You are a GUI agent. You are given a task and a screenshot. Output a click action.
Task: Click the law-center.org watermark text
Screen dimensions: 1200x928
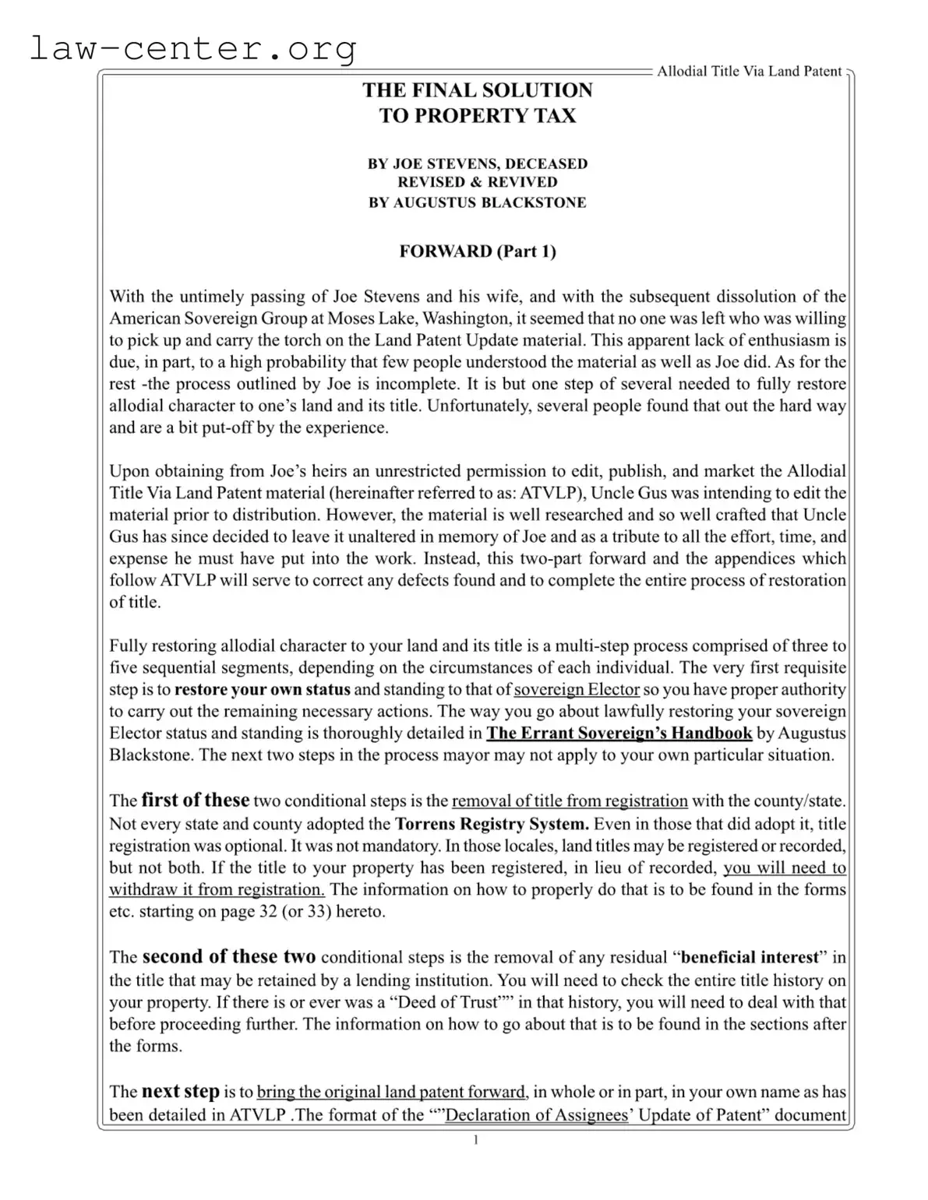point(192,48)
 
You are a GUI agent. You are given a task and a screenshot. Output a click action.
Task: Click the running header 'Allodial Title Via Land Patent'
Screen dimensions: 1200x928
point(749,72)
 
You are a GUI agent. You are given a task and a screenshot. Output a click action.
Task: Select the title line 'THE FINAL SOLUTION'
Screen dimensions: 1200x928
point(477,90)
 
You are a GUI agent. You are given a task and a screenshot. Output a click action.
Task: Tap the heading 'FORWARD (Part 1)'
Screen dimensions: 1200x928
point(477,251)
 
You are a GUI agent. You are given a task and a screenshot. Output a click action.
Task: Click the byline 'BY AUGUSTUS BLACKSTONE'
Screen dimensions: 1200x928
point(477,202)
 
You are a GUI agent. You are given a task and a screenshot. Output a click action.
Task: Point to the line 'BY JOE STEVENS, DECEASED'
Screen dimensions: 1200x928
point(477,164)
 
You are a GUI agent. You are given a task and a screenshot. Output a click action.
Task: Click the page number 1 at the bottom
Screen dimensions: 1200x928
point(476,1140)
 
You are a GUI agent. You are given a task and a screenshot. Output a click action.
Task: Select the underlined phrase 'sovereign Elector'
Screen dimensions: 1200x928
point(577,690)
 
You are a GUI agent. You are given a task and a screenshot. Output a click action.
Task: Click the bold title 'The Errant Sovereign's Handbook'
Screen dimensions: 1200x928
point(619,734)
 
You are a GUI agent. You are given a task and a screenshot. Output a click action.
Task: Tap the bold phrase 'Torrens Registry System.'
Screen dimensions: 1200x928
point(492,824)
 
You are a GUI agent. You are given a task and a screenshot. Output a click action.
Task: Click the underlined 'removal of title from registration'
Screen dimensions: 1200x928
point(570,801)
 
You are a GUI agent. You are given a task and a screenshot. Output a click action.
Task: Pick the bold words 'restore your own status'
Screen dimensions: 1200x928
point(262,690)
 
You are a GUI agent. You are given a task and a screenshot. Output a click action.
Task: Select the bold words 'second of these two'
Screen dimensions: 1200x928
point(229,956)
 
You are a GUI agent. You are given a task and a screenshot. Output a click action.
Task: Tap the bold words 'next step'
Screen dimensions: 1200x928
point(180,1092)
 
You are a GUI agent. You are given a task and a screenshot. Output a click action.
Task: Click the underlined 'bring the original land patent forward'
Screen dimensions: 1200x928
point(391,1093)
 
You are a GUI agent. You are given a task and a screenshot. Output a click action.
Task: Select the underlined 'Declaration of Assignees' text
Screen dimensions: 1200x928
point(536,1115)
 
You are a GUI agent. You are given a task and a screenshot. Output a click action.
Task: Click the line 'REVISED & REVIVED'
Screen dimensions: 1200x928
point(477,182)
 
